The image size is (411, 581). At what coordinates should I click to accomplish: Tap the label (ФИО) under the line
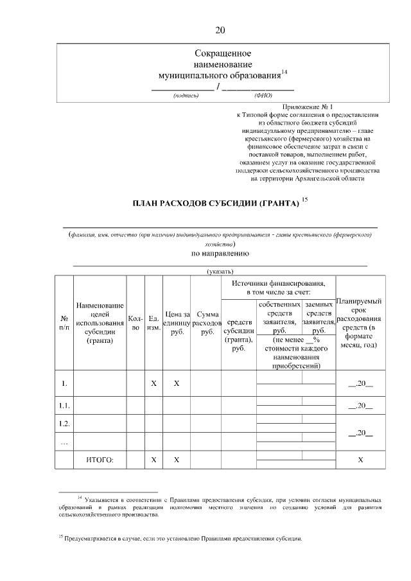[263, 96]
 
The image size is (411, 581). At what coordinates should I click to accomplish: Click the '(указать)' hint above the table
[220, 272]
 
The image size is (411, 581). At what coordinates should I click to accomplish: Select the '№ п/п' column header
[64, 322]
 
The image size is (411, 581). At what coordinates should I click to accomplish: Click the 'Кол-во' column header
[136, 322]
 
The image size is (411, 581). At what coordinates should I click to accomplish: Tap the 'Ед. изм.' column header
[153, 322]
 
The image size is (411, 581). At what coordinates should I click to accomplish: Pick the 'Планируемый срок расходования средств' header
[360, 323]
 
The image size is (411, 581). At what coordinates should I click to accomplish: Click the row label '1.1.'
[64, 406]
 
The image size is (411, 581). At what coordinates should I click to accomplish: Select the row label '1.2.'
[64, 424]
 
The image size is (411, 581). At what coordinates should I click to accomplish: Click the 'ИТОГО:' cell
[100, 460]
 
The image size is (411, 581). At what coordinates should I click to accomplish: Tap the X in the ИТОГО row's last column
[360, 460]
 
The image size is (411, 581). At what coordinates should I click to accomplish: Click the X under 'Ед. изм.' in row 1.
[153, 383]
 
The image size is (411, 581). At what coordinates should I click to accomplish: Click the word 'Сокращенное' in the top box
[222, 53]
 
